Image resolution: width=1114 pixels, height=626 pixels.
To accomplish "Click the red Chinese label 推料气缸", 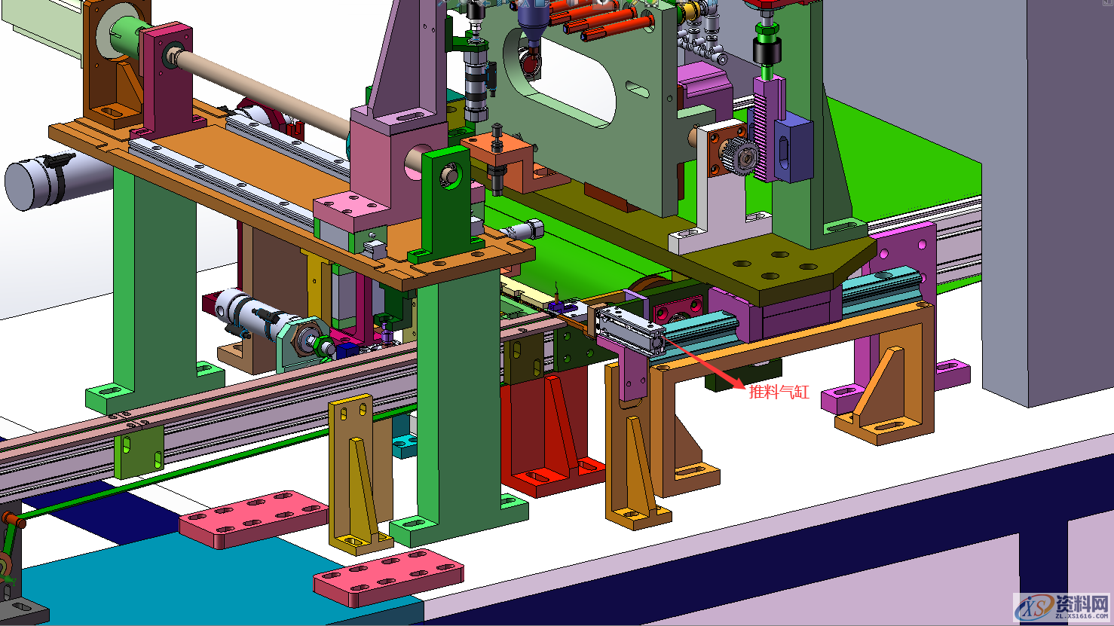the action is tap(779, 392).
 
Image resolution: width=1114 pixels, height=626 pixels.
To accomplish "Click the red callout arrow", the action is tap(705, 362).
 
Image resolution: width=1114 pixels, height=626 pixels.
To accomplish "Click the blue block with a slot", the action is tap(793, 147).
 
